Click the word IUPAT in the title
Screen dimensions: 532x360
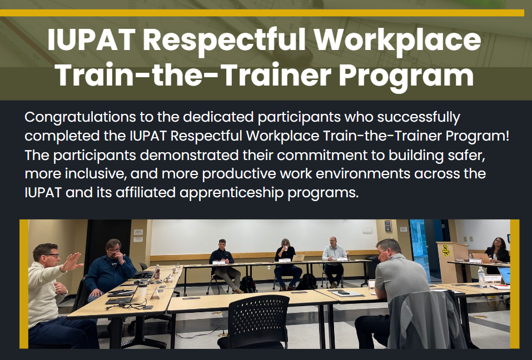tap(91, 39)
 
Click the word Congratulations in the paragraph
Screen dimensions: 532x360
tap(80, 118)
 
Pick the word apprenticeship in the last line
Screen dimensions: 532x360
tap(231, 193)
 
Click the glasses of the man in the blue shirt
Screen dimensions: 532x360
tap(115, 251)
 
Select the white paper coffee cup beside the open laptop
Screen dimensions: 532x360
tap(143, 290)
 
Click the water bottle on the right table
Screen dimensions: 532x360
tap(481, 276)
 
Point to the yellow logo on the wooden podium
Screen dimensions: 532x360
tap(446, 250)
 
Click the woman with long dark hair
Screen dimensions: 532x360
tap(497, 250)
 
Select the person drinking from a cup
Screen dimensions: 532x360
tap(287, 264)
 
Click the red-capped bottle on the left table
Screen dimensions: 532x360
tap(157, 272)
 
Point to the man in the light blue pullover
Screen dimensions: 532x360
tap(334, 261)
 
